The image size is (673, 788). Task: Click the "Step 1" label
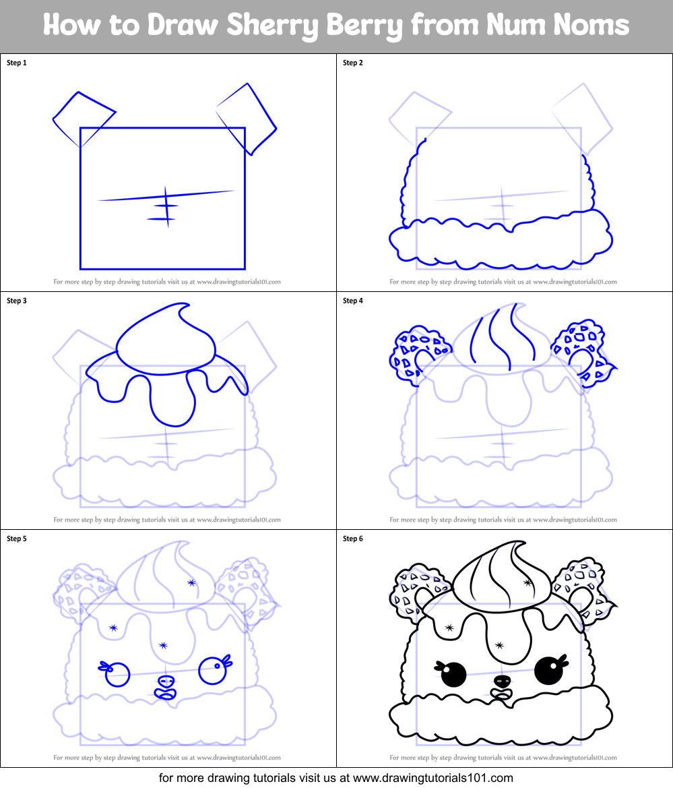[x=17, y=63]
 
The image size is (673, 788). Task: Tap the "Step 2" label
[x=353, y=63]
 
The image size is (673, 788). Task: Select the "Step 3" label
[x=17, y=301]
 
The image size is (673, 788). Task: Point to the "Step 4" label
[x=353, y=301]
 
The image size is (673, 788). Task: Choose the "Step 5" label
[x=17, y=539]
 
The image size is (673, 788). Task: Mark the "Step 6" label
[x=353, y=539]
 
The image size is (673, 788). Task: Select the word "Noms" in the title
[x=594, y=26]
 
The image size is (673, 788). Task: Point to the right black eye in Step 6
[x=547, y=671]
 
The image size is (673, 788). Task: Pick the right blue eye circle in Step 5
[x=212, y=672]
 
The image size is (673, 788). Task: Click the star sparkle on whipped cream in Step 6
[x=527, y=581]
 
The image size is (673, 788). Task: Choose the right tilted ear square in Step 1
[x=247, y=118]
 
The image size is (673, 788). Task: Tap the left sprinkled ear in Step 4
[x=412, y=353]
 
